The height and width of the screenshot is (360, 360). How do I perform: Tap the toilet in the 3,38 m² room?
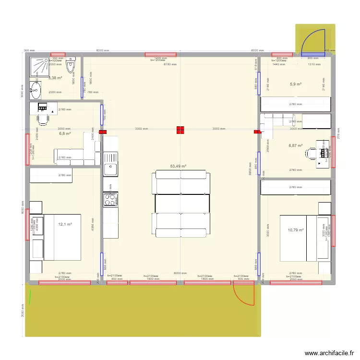71,65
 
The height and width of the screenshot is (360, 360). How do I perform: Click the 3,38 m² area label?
55,78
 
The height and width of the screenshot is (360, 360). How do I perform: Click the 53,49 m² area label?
178,167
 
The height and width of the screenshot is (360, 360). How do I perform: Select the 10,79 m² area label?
296,230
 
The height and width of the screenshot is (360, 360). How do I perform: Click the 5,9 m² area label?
296,84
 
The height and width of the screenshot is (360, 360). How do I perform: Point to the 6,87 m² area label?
296,145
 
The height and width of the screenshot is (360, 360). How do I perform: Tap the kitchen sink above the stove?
111,169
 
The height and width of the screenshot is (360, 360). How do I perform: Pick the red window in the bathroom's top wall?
58,55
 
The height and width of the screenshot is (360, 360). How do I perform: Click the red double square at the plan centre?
180,130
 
